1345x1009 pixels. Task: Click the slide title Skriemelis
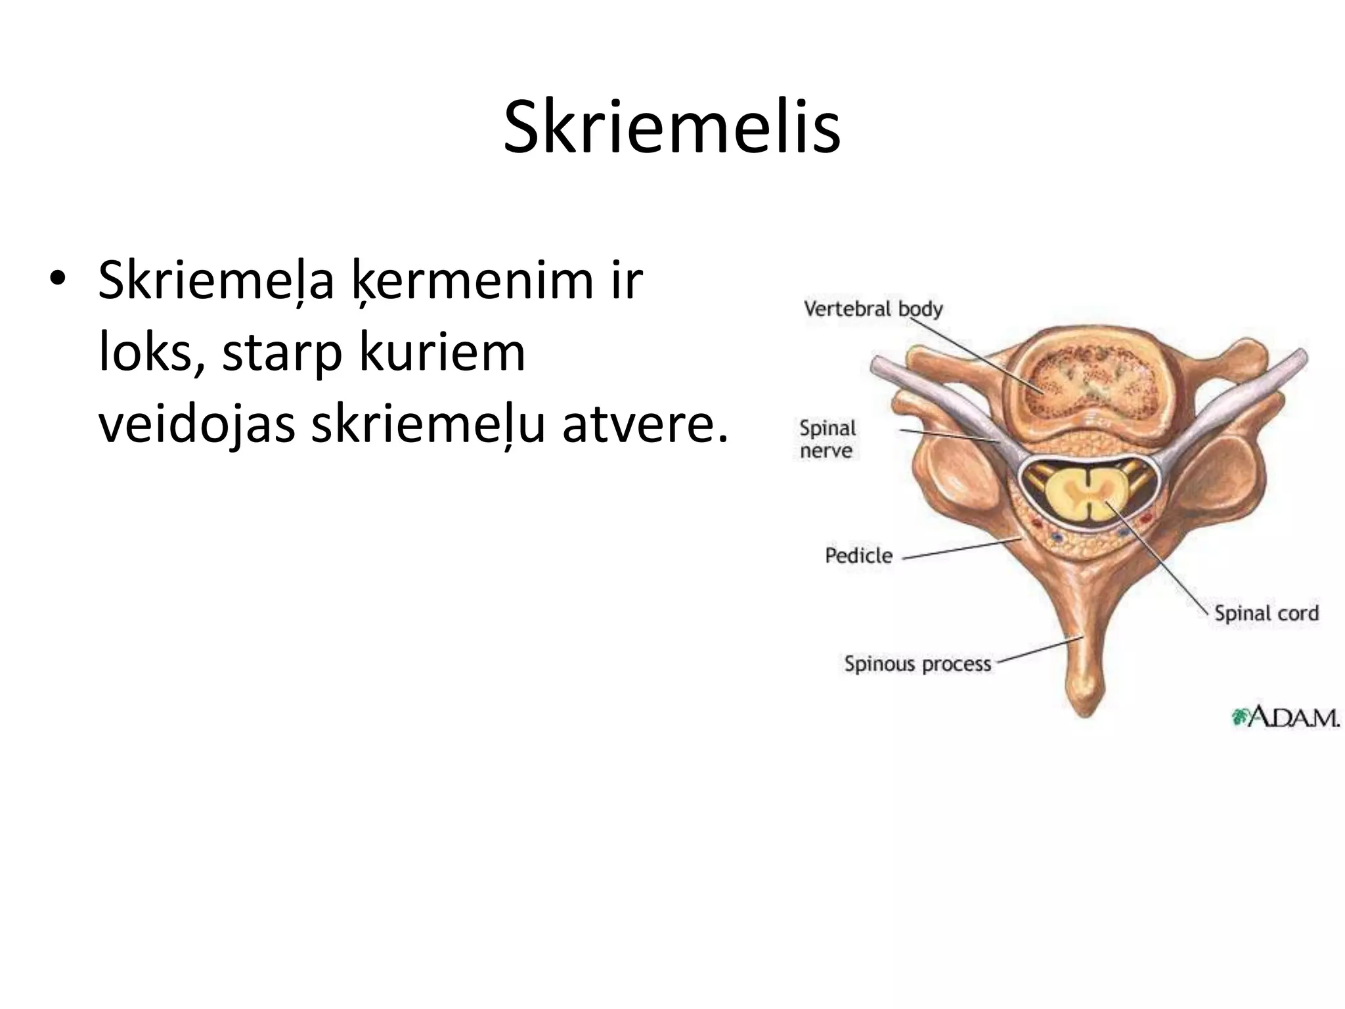671,127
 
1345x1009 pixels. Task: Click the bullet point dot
57,279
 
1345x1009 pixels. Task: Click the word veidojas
196,425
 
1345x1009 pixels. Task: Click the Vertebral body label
873,309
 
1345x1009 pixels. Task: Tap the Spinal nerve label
827,439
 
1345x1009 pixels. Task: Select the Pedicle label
858,556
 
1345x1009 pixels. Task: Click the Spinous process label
917,663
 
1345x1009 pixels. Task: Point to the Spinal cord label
1266,613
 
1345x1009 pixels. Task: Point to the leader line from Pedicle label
962,549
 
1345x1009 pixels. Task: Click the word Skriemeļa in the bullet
216,281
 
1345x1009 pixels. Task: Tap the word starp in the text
282,353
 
